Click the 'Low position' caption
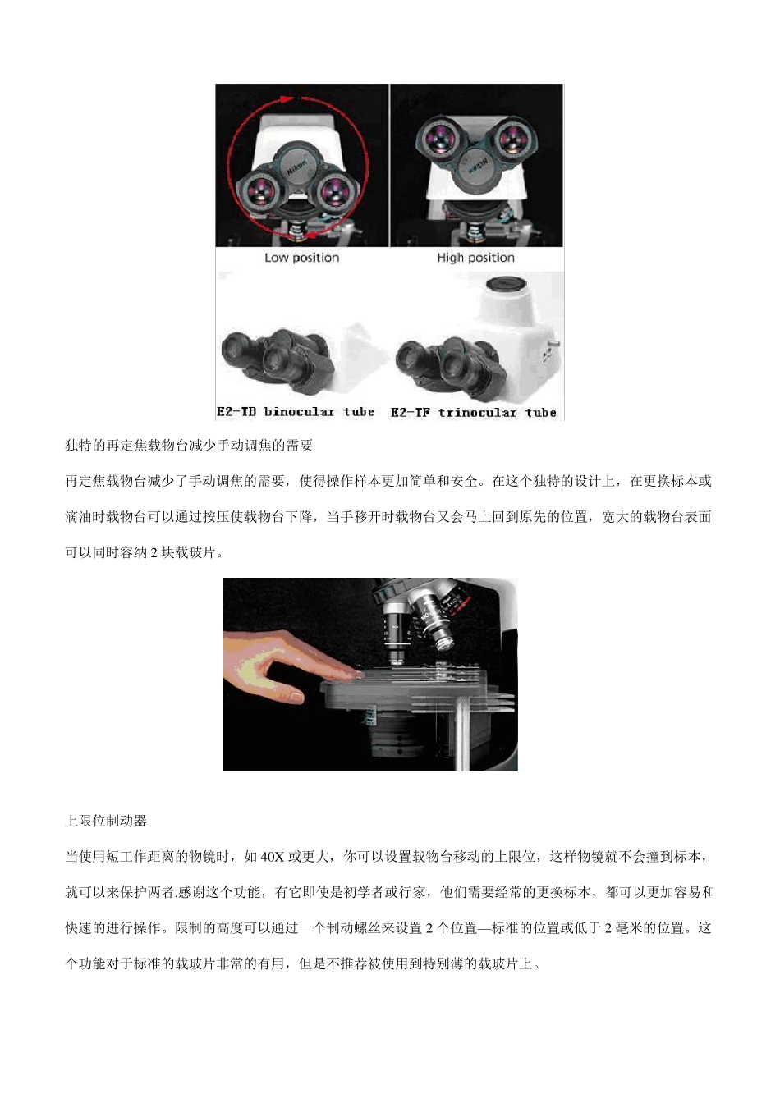pos(301,258)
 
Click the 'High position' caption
pos(475,258)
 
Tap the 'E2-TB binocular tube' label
pos(296,412)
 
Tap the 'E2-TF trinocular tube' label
pos(474,413)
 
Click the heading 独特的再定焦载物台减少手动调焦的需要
pos(189,446)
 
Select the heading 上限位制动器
pos(106,821)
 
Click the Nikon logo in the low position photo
pos(296,167)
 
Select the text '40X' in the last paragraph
pos(272,857)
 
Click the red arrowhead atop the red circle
pos(287,98)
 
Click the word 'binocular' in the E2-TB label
pos(299,412)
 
